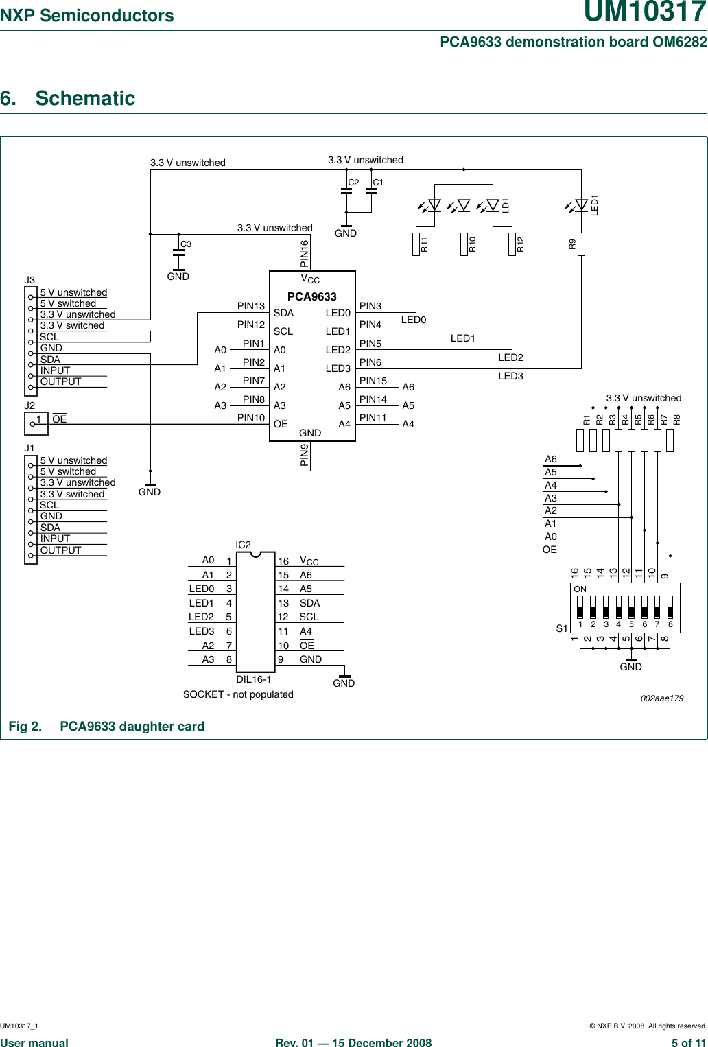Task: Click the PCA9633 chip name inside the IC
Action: [x=311, y=296]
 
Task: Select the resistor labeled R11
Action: [x=416, y=244]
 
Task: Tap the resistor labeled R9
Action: [x=581, y=244]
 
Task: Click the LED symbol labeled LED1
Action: [x=581, y=204]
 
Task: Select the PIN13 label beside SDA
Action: [x=251, y=306]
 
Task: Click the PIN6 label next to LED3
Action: [x=370, y=362]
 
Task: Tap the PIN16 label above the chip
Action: [x=305, y=253]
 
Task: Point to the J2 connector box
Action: [x=36, y=423]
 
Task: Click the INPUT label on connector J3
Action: [x=55, y=370]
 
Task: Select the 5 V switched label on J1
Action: [x=68, y=471]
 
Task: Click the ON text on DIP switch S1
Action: [x=580, y=589]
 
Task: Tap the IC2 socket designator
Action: [x=243, y=545]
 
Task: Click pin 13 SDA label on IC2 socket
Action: [x=309, y=603]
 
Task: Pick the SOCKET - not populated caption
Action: [x=238, y=694]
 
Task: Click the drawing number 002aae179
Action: [x=661, y=698]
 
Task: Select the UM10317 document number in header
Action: [x=645, y=14]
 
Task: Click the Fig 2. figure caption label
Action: [x=25, y=727]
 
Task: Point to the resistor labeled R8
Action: [x=670, y=440]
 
